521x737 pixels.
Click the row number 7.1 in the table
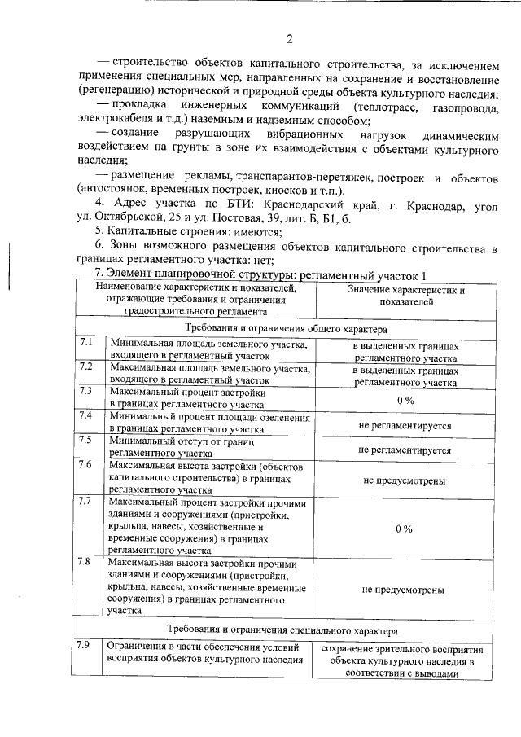point(86,344)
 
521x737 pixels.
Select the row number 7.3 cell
point(86,390)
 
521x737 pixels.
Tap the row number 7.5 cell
point(86,441)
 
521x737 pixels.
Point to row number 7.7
point(86,501)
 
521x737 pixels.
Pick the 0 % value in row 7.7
point(404,529)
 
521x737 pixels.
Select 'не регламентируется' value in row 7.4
point(405,424)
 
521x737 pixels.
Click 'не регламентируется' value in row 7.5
point(405,449)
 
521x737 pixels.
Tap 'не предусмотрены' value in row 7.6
point(404,480)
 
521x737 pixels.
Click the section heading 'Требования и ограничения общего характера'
point(285,328)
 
